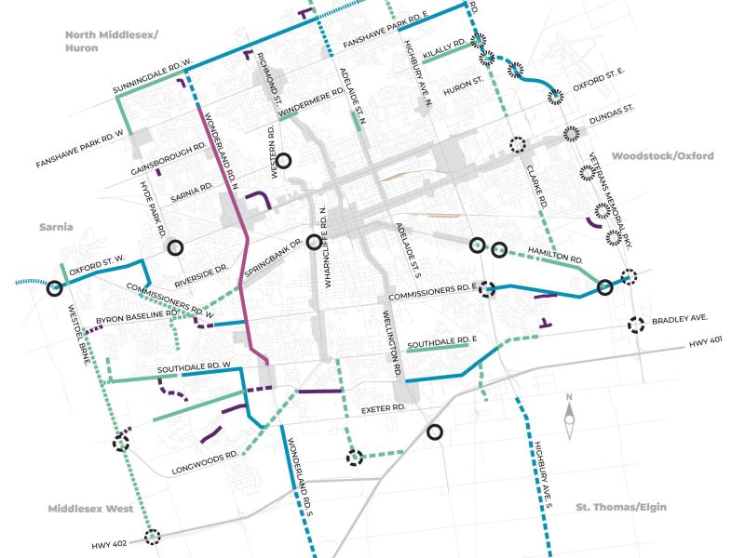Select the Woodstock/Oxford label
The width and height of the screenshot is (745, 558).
point(662,156)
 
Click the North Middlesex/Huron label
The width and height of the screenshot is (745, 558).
point(113,41)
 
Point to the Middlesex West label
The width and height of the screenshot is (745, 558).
point(91,509)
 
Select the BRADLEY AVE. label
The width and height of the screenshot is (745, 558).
point(682,317)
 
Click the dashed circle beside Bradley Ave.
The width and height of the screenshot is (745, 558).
point(636,325)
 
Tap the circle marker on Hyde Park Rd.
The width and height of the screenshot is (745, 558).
point(174,247)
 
